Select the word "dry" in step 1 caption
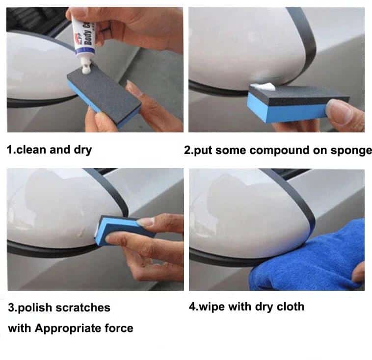[x=82, y=151]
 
